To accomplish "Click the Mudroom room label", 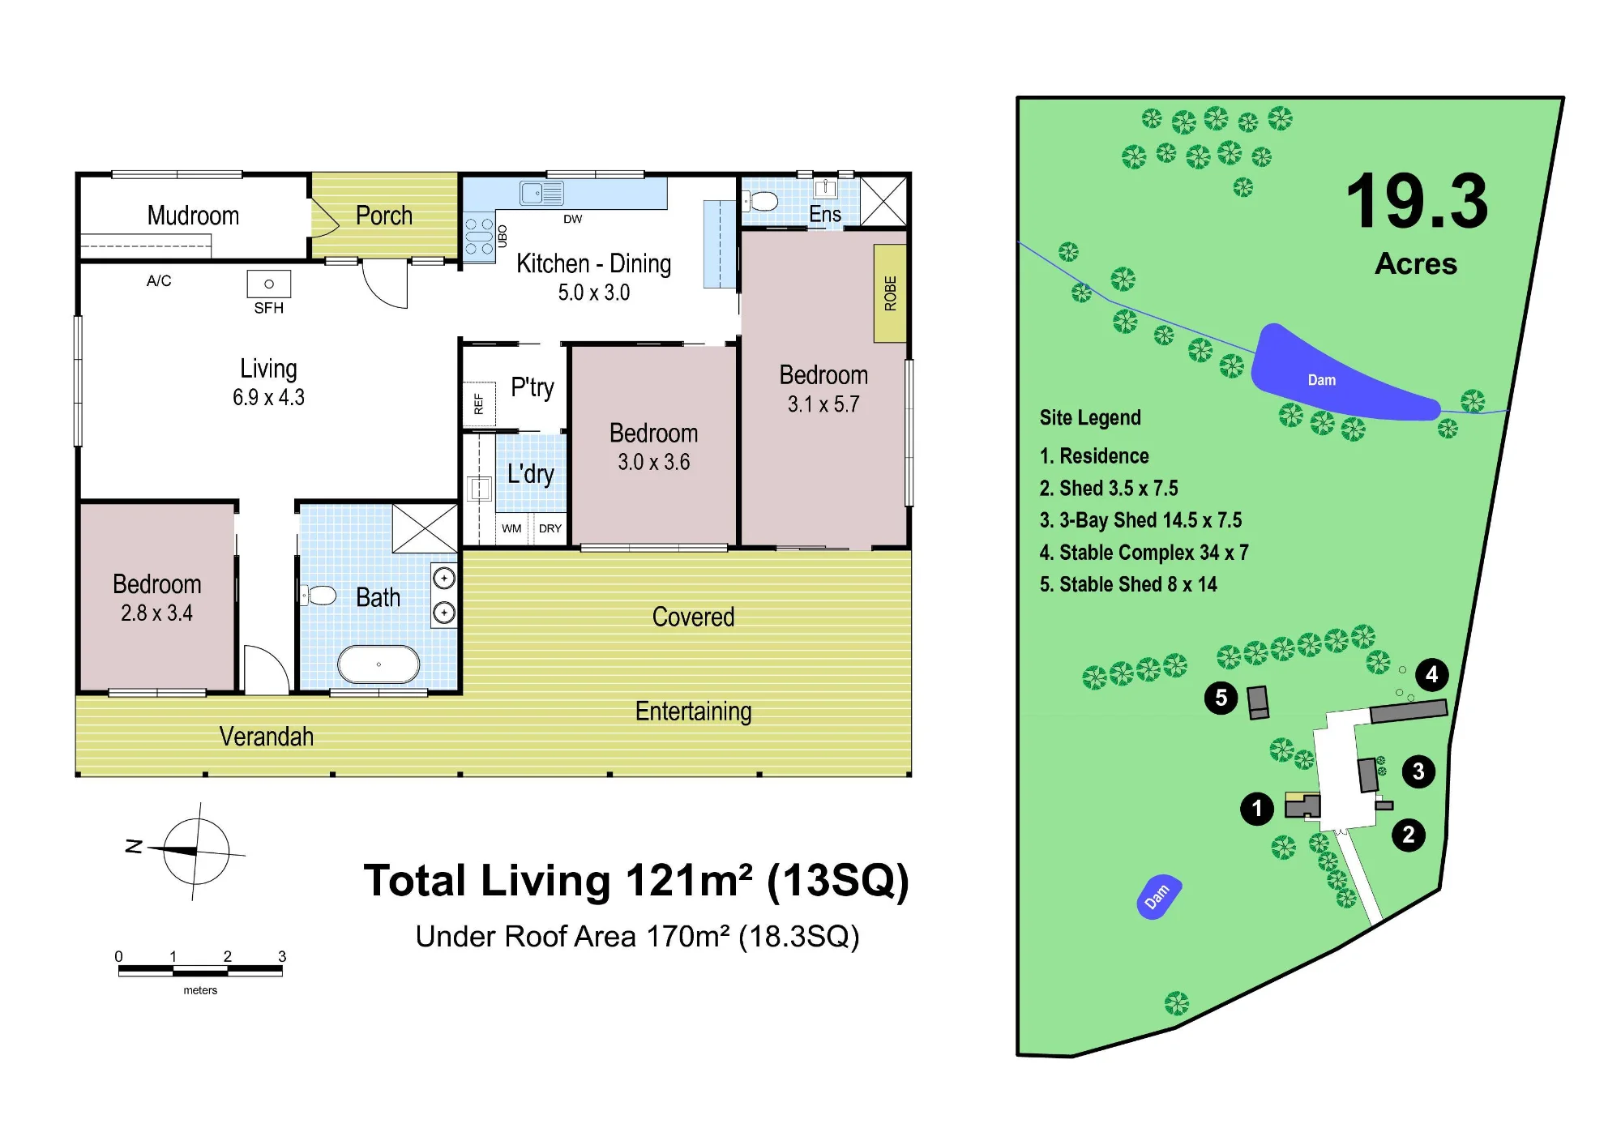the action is [193, 216].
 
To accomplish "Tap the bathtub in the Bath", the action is [379, 664].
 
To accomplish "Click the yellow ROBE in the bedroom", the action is [890, 293].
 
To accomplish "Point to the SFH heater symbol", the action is [269, 284].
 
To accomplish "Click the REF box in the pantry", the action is [478, 404].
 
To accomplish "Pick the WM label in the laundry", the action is [511, 528].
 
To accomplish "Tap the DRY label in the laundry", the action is [550, 528].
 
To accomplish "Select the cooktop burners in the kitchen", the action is [479, 237].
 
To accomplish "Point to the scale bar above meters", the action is [200, 970].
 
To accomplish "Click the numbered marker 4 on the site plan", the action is [1432, 674].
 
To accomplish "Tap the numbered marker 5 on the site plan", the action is [1221, 698].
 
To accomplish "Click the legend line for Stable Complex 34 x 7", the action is [1144, 553].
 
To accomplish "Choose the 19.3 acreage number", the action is [1417, 201].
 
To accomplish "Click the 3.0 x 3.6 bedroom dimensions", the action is [653, 462].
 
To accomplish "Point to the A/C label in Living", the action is [159, 281].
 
